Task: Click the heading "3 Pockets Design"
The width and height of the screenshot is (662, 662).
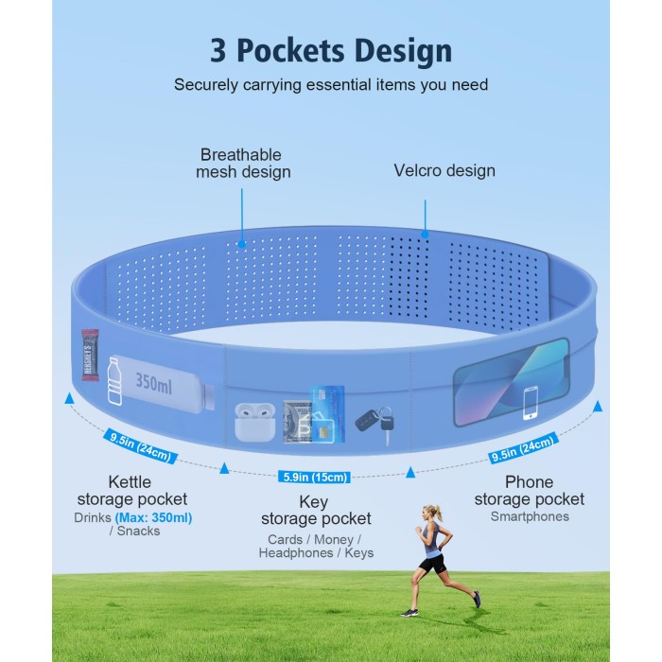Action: coord(331,51)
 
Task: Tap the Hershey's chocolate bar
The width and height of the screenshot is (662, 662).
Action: coord(90,355)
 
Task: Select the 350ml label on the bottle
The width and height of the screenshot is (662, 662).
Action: coord(153,383)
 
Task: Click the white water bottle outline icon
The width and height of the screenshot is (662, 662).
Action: coord(114,381)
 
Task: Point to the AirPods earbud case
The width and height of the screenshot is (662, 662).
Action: coord(255,422)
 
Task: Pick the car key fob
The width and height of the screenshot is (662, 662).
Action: coord(375,423)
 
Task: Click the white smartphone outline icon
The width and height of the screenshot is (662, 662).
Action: coord(531,403)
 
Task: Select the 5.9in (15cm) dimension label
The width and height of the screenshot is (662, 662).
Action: coord(314,477)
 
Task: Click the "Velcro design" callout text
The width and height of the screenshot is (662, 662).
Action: coord(444,170)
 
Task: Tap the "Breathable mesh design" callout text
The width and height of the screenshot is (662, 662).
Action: coord(243,164)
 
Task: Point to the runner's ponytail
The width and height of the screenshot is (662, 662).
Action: coord(438,513)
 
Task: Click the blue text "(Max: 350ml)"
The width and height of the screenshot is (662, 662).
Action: coord(153,517)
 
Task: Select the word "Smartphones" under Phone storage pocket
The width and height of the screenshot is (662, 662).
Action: coord(530,516)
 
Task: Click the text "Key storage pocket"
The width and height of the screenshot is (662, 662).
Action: coord(316,511)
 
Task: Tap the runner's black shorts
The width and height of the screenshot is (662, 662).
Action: coord(434,564)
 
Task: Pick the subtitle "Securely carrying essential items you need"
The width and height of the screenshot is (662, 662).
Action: coord(331,85)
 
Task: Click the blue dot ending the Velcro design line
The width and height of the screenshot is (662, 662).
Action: coord(426,235)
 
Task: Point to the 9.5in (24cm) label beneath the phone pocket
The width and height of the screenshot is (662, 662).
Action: coord(523,448)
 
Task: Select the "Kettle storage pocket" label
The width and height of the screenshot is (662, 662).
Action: coord(131,491)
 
